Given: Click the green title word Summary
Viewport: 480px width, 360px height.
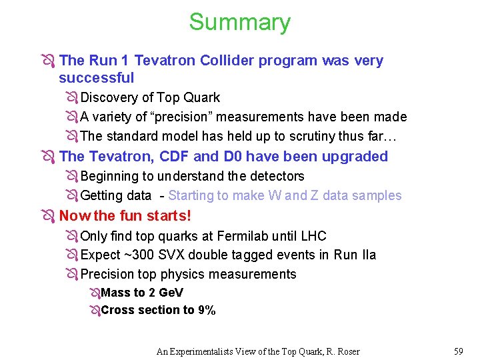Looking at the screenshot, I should point(239,22).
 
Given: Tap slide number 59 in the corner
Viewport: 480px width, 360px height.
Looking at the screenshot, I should point(458,351).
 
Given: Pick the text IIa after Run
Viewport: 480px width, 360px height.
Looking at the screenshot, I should point(367,255).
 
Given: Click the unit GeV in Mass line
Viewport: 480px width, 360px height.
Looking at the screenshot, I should point(172,293).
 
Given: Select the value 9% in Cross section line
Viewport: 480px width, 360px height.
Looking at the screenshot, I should point(207,310).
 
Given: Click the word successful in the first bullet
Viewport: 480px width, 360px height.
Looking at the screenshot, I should point(96,78).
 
